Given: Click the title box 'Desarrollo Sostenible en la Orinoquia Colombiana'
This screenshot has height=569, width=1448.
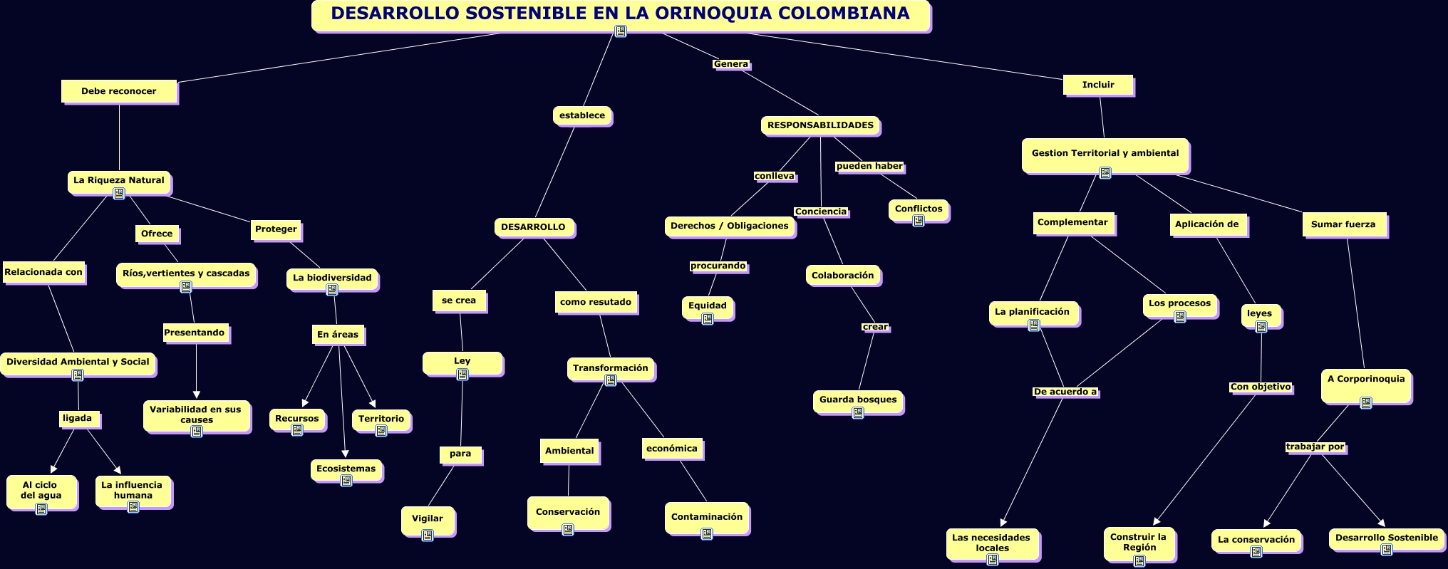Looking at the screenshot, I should (x=620, y=14).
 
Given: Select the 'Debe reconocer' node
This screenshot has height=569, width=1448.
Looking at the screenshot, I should (x=118, y=91).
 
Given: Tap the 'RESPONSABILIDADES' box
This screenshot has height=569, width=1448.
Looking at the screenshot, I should (x=820, y=125).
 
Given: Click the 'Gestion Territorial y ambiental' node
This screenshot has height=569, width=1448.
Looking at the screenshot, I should (x=1105, y=153).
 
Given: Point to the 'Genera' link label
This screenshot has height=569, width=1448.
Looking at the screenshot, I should (x=731, y=64).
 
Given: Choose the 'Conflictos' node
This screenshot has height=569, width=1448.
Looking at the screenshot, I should (x=919, y=209).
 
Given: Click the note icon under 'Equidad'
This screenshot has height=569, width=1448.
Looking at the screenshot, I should (x=708, y=319).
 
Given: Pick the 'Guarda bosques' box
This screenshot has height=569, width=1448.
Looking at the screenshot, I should (x=858, y=400).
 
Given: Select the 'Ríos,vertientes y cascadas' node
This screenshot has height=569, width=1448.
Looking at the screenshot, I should (x=186, y=273).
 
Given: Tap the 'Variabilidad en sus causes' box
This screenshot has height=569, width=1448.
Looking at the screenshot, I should (x=196, y=414).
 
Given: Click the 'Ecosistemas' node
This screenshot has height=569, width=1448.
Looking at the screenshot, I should (x=346, y=469).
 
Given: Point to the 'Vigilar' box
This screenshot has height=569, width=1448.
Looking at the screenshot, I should (x=428, y=518).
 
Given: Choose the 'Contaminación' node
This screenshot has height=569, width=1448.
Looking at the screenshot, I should (x=706, y=517).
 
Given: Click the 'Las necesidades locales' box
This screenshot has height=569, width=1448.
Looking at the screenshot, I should (x=992, y=543).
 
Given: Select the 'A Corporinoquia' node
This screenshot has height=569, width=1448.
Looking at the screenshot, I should (x=1366, y=379).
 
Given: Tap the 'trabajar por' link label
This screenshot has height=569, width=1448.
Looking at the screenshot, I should (x=1315, y=447).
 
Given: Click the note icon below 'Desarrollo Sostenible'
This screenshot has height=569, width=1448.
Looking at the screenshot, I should (x=1387, y=550).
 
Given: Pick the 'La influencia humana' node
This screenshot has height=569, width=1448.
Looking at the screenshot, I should (x=133, y=490).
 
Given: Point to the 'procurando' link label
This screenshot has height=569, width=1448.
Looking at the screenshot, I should (x=718, y=266).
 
